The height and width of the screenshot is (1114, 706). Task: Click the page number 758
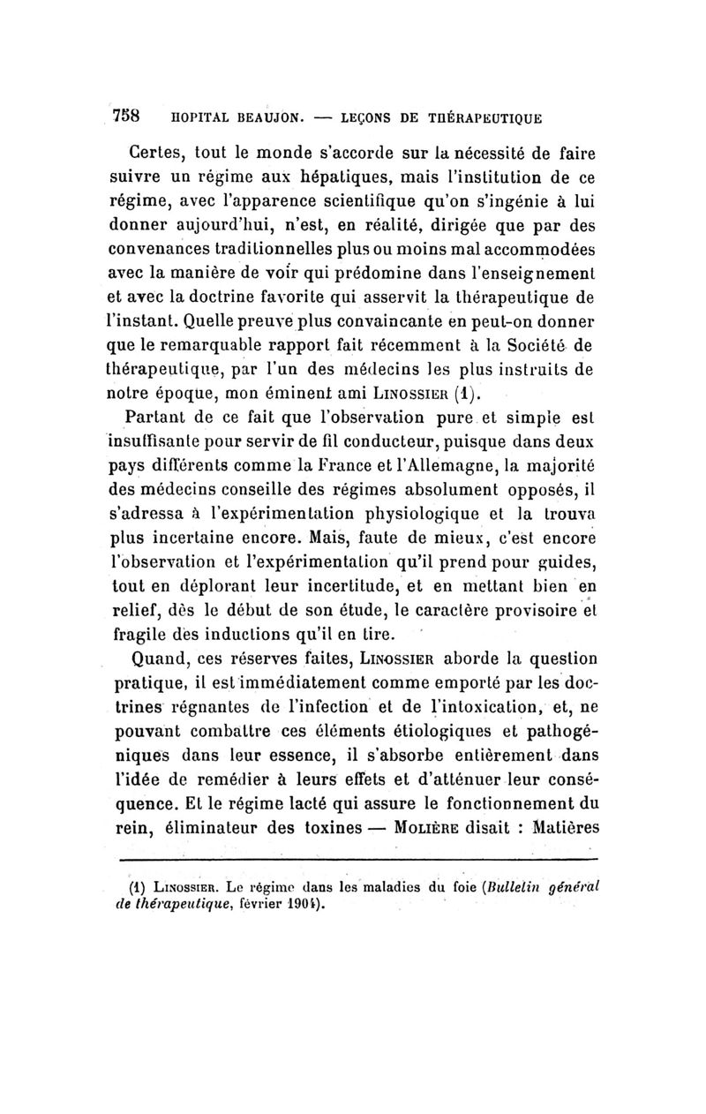pyautogui.click(x=130, y=116)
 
